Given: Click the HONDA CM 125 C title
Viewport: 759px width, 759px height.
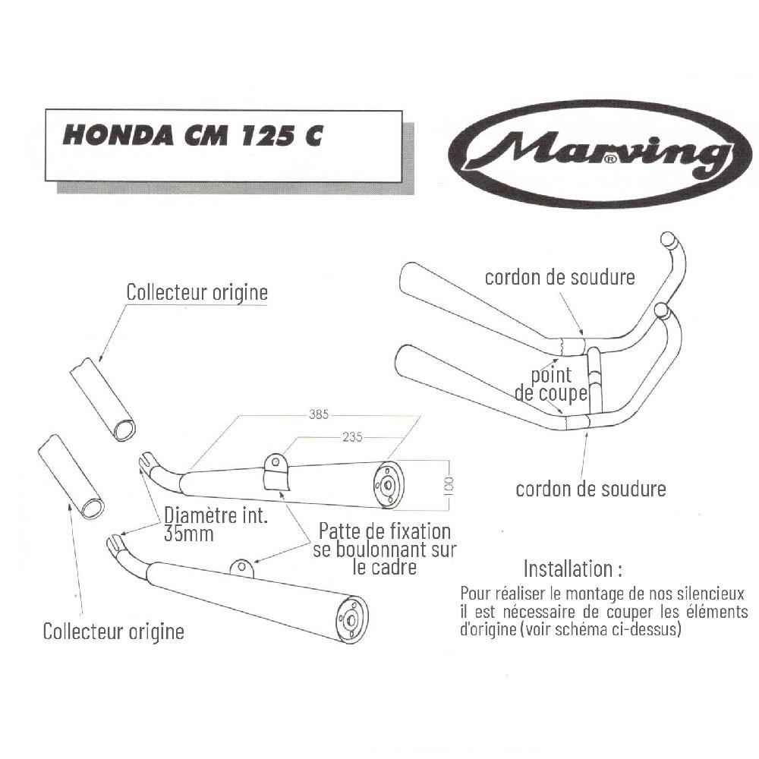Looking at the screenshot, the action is (x=192, y=134).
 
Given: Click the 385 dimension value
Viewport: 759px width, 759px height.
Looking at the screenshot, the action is (x=319, y=414).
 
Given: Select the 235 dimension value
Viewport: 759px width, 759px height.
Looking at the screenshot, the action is (x=352, y=437).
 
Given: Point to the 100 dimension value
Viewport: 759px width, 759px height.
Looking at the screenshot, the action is (x=449, y=486).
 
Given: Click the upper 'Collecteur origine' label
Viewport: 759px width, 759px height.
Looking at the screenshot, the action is (x=197, y=292).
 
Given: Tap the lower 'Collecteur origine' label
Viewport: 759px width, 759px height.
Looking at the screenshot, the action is (x=114, y=631).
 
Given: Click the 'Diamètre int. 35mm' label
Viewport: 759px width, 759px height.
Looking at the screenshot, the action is (x=216, y=524).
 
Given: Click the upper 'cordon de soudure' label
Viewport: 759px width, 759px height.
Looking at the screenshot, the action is (x=559, y=277).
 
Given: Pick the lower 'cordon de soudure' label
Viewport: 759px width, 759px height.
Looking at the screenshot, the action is (x=591, y=490).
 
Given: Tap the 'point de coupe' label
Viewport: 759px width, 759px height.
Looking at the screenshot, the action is (x=551, y=384).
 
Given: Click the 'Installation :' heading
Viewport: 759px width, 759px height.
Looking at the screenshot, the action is (x=572, y=569).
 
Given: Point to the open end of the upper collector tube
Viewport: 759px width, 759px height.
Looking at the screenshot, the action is (x=125, y=430).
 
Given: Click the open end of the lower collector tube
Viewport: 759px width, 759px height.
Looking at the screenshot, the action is (x=92, y=509).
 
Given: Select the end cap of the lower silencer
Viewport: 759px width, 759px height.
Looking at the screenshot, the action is (x=352, y=620).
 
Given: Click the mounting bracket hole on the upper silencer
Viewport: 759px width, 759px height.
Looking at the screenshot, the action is (x=275, y=463).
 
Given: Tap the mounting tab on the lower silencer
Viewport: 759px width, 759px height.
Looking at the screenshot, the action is (x=242, y=568).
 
